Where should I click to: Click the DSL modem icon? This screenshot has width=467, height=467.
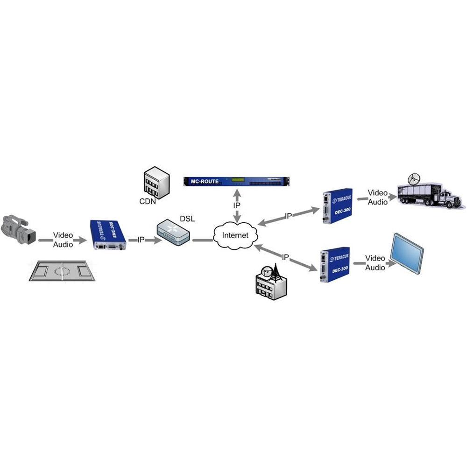173,233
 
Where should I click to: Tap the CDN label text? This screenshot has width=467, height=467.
147,202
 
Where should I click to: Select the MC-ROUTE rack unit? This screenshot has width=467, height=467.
237,181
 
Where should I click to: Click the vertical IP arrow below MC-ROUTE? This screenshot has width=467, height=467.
237,206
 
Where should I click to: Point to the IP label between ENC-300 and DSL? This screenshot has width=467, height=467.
141,240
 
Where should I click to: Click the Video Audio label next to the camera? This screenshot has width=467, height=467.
63,240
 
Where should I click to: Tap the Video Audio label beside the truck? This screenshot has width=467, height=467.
377,197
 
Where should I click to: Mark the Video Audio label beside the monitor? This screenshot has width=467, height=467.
375,263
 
